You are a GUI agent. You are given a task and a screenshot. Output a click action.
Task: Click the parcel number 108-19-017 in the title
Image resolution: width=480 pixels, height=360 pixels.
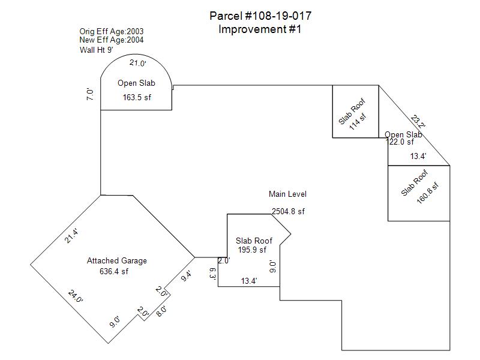pos(278,16)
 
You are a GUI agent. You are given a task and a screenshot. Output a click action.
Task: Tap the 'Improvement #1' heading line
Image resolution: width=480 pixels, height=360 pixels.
pos(260,29)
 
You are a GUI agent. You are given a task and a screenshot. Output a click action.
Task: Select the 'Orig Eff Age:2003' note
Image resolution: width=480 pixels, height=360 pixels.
pos(112,32)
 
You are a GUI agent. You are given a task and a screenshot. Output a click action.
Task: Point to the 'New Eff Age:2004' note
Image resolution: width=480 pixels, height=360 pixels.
pos(112,40)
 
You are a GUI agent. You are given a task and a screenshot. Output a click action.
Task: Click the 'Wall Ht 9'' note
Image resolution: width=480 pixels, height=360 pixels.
pos(97,50)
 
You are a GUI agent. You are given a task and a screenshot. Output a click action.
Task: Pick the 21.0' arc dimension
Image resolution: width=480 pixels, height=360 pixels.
pos(138,63)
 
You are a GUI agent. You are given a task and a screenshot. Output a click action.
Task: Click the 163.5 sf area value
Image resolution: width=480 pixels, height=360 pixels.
pos(137,97)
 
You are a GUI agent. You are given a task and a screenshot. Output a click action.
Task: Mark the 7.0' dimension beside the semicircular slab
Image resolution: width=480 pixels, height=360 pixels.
pos(90,94)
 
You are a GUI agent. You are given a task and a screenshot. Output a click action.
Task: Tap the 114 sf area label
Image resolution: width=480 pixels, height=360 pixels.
pos(358,121)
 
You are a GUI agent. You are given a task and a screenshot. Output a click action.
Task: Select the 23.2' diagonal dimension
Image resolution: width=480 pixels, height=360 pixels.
pos(418,122)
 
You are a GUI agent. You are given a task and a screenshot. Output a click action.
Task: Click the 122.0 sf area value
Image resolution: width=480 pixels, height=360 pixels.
pos(400,142)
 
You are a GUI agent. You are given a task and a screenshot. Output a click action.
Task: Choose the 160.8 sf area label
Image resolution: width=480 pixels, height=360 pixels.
pos(428,193)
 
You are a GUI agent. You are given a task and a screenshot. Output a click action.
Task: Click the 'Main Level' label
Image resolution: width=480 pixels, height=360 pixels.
pos(287,194)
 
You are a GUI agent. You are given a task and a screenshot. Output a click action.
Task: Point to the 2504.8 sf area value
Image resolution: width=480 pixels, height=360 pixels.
pos(289,212)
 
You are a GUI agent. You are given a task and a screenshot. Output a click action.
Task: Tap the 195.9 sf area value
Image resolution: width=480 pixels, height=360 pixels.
pos(252,250)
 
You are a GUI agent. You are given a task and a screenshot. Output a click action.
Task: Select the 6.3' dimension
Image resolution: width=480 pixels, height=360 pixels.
pos(213,274)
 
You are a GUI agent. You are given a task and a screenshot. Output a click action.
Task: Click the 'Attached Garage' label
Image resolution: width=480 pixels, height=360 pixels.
pos(117,261)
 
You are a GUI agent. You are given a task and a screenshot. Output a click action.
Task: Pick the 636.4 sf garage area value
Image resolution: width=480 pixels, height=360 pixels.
pos(114,272)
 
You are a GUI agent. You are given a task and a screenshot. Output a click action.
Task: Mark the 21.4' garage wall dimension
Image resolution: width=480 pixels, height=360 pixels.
pos(71,236)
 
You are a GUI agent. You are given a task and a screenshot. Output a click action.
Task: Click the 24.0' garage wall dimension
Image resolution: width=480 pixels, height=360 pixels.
pos(76,296)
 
